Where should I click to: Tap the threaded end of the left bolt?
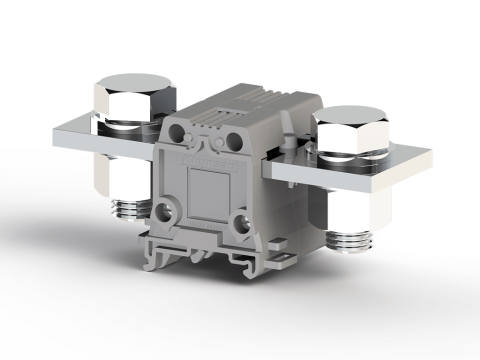(132, 209)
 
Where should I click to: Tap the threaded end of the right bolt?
(350, 241)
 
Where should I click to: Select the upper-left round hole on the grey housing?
(183, 137)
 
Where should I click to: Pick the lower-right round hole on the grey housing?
(240, 221)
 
